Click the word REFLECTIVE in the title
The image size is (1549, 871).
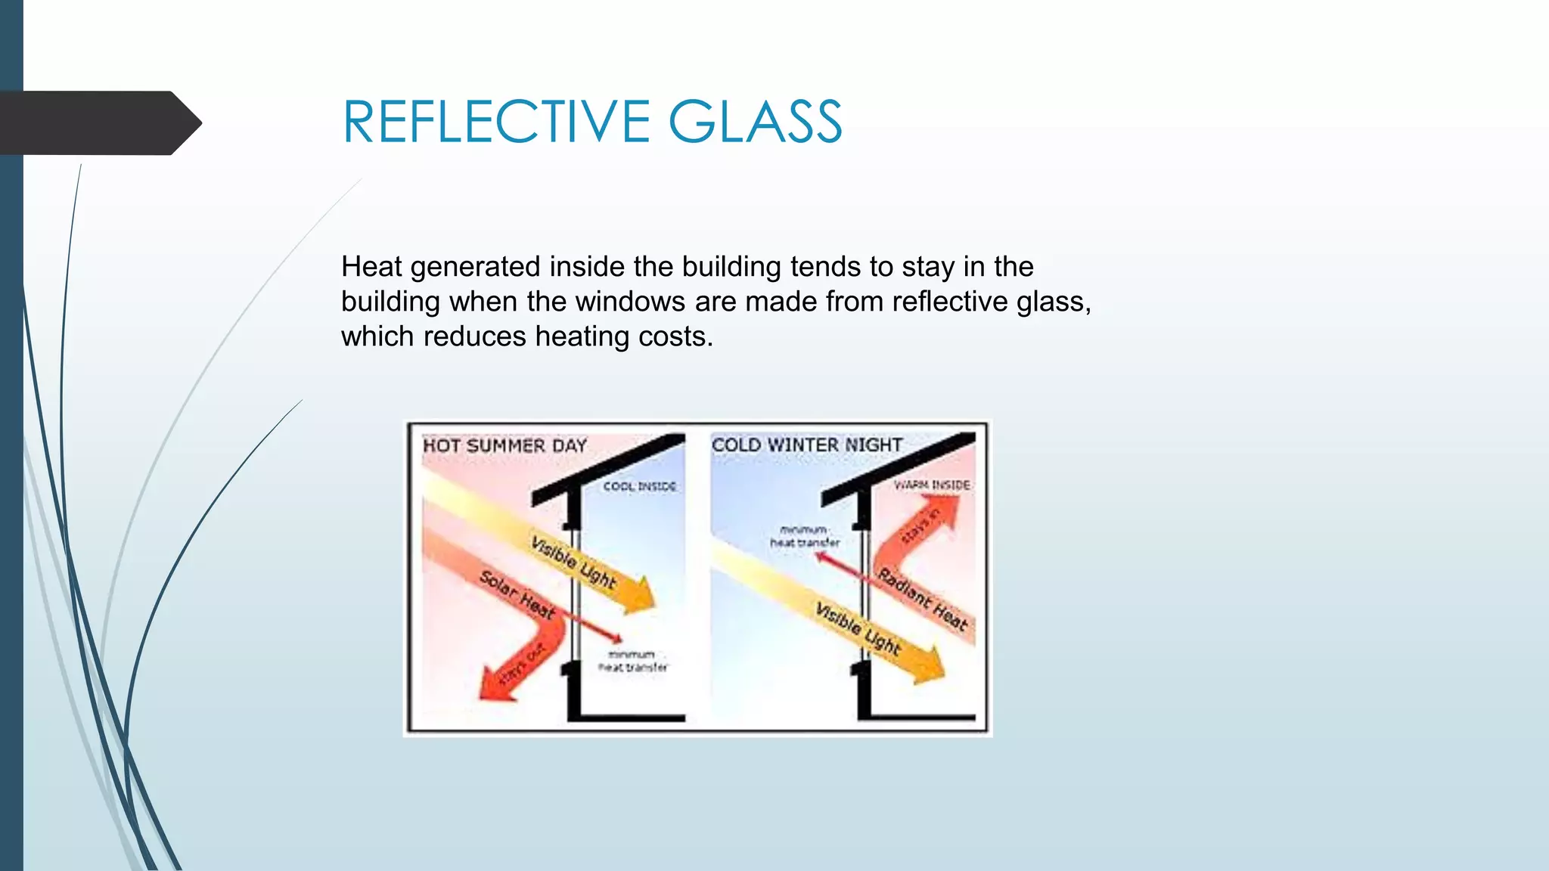(x=495, y=122)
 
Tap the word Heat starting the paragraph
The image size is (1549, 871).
(x=371, y=267)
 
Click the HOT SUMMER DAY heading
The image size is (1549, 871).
(x=504, y=446)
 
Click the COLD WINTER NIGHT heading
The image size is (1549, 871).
(x=807, y=445)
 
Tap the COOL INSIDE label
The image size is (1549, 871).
(x=639, y=487)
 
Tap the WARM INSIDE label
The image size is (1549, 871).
(x=931, y=485)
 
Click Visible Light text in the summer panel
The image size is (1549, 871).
(x=573, y=563)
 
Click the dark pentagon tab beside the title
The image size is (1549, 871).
(x=98, y=123)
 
